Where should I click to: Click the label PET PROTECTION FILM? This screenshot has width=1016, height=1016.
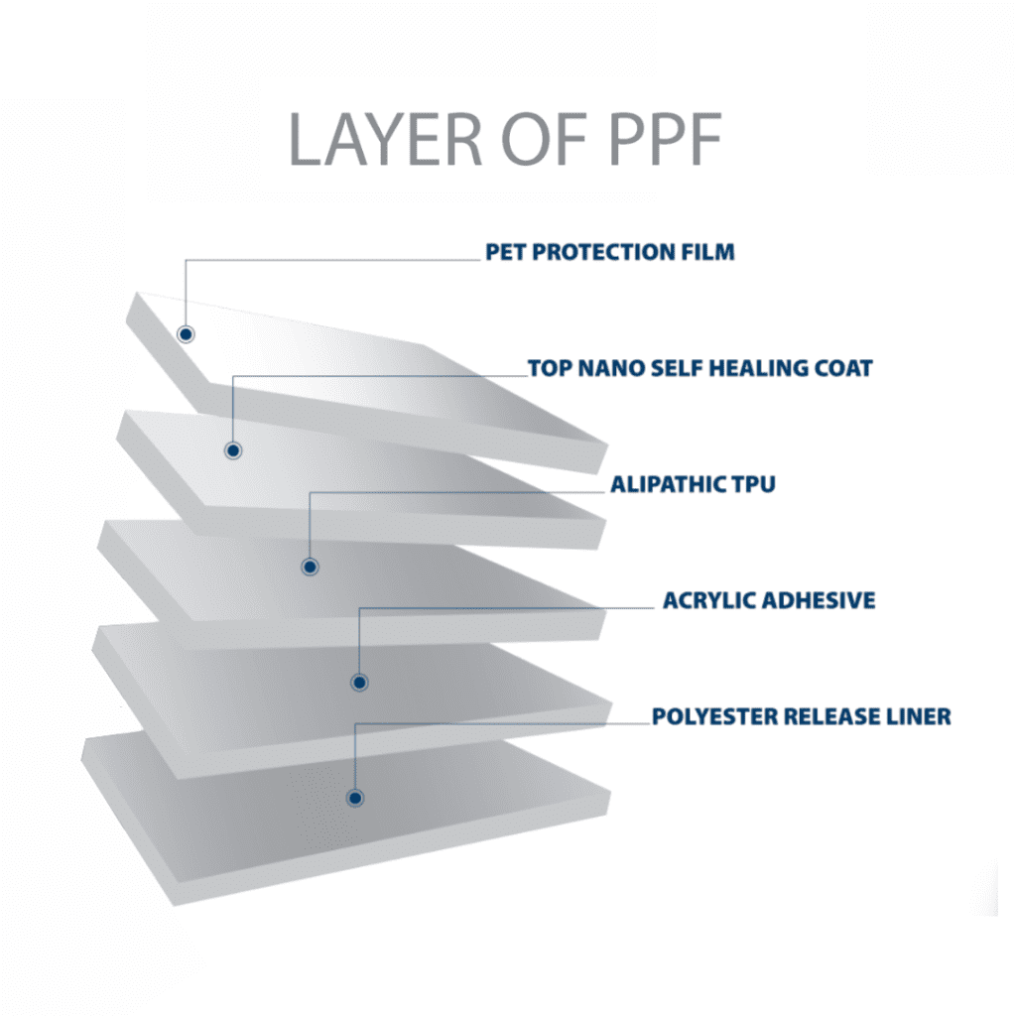[x=610, y=251]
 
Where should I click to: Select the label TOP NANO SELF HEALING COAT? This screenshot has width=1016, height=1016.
[x=700, y=369]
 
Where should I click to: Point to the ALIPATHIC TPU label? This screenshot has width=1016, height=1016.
[x=693, y=485]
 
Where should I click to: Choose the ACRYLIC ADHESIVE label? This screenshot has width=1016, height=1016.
[x=769, y=600]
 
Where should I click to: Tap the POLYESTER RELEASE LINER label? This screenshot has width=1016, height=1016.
[x=802, y=716]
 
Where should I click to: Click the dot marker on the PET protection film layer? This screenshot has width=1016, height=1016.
[x=186, y=333]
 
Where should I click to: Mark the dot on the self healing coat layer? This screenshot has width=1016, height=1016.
[x=233, y=450]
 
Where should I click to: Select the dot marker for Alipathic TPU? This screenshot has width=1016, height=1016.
[x=310, y=567]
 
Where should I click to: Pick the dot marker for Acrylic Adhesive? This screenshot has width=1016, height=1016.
[x=359, y=682]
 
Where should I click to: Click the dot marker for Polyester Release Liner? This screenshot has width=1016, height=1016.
[x=353, y=797]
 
